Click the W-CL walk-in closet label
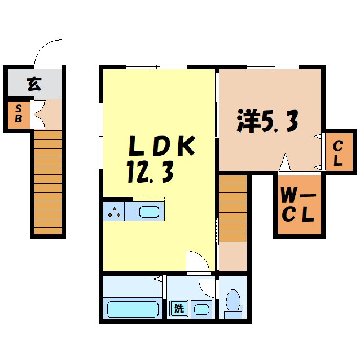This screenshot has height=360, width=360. coord(298,206)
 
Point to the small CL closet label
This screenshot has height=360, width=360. coord(337,153)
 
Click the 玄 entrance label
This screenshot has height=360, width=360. coord(34,85)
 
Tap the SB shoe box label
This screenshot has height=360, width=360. coord(19,115)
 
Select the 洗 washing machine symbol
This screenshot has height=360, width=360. coord(178,309)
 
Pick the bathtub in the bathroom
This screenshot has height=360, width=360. coord(133,310)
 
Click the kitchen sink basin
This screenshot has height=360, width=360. coord(149,212)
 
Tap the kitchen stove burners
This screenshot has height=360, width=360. coord(113,212)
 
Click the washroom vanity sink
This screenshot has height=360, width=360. coord(200,309)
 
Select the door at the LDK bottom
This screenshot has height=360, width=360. coord(198,261)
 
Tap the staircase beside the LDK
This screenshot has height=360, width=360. coord(233,208)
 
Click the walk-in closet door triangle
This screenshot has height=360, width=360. coord(286,163)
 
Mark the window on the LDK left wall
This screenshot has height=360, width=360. coord(101,135)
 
